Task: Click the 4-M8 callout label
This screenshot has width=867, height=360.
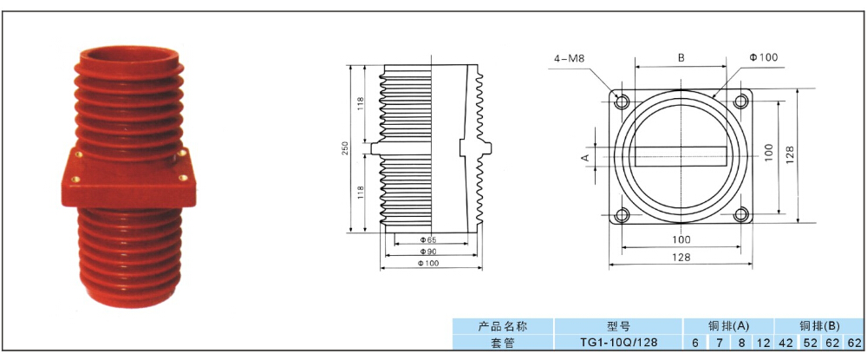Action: coord(566,59)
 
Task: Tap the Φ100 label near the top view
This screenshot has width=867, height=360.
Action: coord(765,57)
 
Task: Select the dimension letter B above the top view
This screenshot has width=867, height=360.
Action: coord(681,58)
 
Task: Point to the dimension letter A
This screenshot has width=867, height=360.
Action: coord(585,157)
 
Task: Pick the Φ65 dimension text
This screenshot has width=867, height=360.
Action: coord(427,239)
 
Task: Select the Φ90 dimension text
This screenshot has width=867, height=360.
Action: coord(427,251)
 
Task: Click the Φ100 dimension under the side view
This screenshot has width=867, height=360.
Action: coord(427,263)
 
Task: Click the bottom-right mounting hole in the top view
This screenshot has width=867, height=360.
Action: coord(741,215)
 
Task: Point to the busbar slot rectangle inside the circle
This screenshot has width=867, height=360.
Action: coord(681,157)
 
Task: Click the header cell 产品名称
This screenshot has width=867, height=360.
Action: coord(503,327)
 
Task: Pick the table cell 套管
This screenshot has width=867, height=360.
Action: coord(503,343)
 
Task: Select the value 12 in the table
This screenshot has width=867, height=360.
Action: coord(762,343)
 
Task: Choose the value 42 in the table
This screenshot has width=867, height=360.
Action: coord(785,343)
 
